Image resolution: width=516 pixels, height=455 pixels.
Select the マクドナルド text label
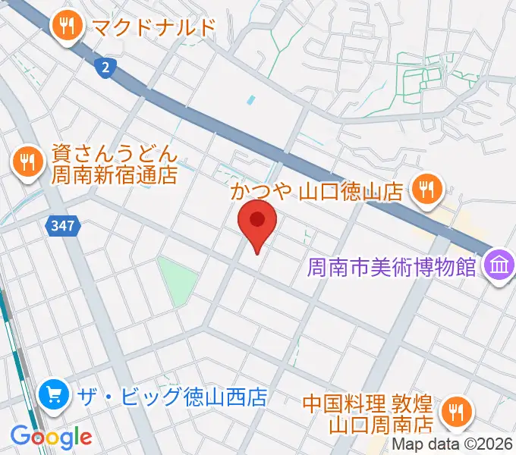153,27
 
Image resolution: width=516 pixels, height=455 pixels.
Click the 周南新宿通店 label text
114,176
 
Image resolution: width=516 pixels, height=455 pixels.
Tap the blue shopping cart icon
54,394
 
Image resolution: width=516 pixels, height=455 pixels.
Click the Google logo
51,436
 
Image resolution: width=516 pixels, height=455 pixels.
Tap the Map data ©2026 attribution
452,444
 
